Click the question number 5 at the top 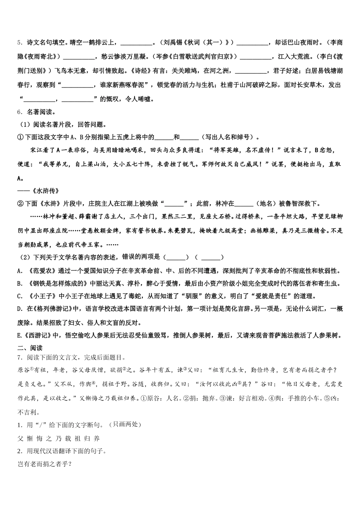20,43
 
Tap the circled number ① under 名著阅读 20,137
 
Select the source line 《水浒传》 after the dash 45,190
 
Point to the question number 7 20,357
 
